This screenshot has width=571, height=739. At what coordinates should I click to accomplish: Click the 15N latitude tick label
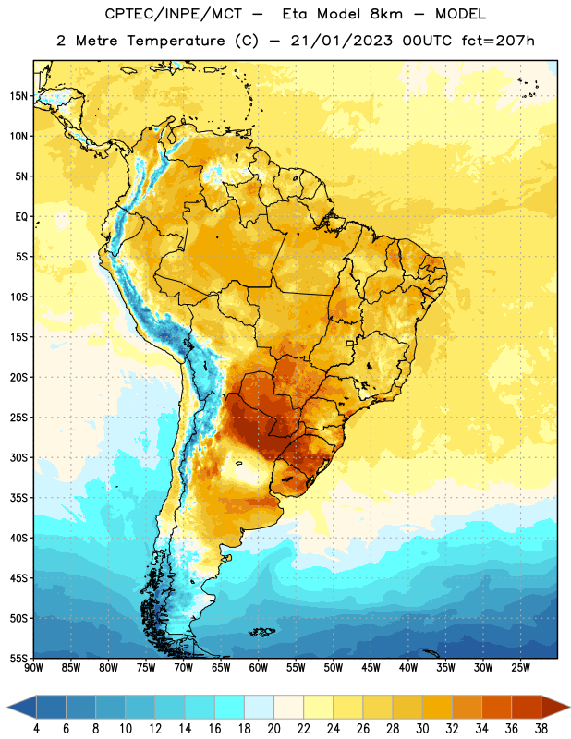(x=18, y=96)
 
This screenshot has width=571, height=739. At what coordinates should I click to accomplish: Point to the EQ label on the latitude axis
(x=21, y=217)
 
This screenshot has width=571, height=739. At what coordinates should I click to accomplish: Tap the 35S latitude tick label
(x=18, y=498)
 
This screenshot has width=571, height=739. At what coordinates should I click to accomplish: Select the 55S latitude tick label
(x=18, y=658)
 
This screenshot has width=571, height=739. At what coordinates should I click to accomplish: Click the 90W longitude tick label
(x=33, y=668)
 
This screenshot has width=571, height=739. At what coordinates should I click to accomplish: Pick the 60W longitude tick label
(x=259, y=668)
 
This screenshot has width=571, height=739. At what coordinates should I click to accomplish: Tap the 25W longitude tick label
(x=520, y=668)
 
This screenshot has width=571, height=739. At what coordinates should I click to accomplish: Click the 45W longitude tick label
(x=371, y=668)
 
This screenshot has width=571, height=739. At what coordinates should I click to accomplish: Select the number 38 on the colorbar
(x=541, y=729)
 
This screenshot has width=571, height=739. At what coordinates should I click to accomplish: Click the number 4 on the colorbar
(x=36, y=729)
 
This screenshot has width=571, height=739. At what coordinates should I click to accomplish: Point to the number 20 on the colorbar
(x=273, y=729)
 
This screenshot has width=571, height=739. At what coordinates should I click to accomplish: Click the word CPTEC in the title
(x=124, y=14)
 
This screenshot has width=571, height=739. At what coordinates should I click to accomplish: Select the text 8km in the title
(x=386, y=14)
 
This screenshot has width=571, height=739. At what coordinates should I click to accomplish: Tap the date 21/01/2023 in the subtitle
(x=341, y=41)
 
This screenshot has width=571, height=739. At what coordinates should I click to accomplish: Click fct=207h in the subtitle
(x=498, y=41)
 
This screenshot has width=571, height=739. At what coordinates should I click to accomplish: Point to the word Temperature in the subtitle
(x=176, y=41)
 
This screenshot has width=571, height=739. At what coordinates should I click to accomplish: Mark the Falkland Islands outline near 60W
(x=262, y=632)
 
